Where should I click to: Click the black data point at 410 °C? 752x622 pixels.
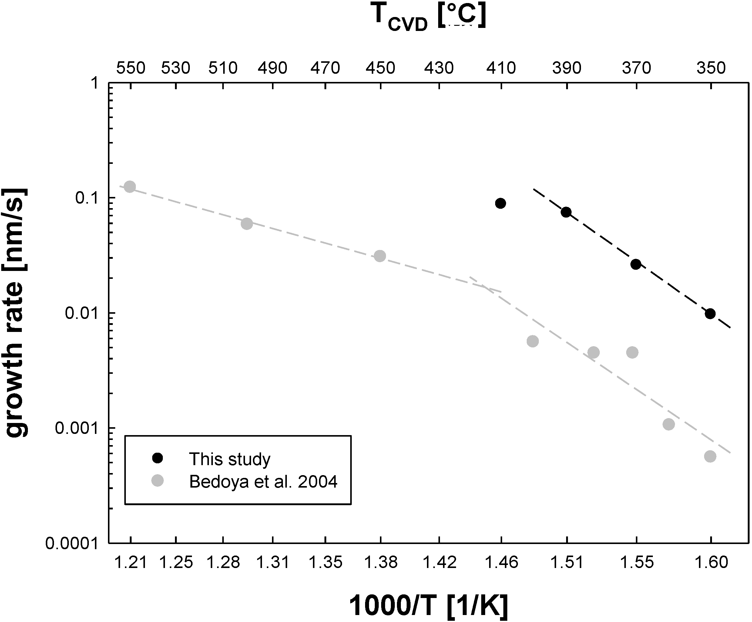pyautogui.click(x=500, y=204)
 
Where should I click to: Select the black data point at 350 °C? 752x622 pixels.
pyautogui.click(x=710, y=314)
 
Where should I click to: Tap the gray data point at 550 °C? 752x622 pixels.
pyautogui.click(x=130, y=187)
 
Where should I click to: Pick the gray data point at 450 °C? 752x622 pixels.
pyautogui.click(x=380, y=256)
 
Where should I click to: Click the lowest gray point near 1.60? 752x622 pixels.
pyautogui.click(x=710, y=456)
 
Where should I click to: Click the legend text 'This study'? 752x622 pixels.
pyautogui.click(x=230, y=459)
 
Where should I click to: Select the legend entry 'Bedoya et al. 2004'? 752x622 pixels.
pyautogui.click(x=263, y=482)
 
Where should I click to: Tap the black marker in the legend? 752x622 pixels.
pyautogui.click(x=158, y=458)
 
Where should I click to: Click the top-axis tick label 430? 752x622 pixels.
pyautogui.click(x=439, y=68)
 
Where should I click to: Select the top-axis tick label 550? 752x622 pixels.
pyautogui.click(x=131, y=68)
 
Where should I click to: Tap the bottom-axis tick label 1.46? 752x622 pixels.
pyautogui.click(x=501, y=562)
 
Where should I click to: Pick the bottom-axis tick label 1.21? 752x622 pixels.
pyautogui.click(x=131, y=562)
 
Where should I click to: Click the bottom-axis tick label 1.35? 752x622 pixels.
pyautogui.click(x=325, y=562)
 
